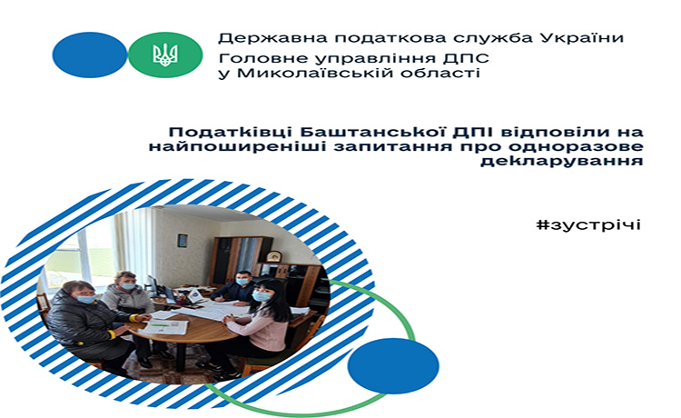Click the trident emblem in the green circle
[x=165, y=55]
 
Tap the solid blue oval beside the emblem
[x=90, y=55]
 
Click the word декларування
[x=561, y=161]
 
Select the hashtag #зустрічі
[x=588, y=225]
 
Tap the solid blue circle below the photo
[x=393, y=365]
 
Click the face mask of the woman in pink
[x=261, y=296]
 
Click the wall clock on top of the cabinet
[x=273, y=256]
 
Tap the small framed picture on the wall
[x=182, y=240]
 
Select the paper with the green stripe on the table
[x=165, y=326]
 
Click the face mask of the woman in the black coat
[x=85, y=299]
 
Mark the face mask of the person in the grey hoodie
[x=128, y=286]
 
